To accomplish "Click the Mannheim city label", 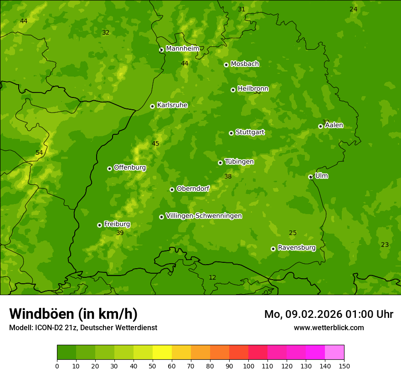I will [x=183, y=49].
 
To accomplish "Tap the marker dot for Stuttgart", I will [x=231, y=133].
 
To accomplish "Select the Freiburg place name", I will [x=117, y=224].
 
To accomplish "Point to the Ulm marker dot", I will [x=310, y=177].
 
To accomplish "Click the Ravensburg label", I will [x=297, y=248].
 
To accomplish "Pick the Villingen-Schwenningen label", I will [x=204, y=216].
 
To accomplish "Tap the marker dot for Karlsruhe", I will [x=152, y=106].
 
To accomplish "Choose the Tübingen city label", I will [x=239, y=162].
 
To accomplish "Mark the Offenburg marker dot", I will [x=109, y=169].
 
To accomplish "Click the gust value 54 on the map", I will [x=39, y=153].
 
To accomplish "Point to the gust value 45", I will [x=155, y=144].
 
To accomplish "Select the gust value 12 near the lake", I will [x=212, y=278].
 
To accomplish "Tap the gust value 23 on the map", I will [x=385, y=245].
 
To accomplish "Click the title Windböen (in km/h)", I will [x=73, y=314].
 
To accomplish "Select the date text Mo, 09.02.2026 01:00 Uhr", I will [x=329, y=314].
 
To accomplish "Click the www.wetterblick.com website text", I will [x=329, y=328].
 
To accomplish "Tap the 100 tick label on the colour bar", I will [x=248, y=366].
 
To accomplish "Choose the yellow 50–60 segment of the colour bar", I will [x=162, y=352].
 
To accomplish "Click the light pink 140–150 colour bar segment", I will [x=334, y=352].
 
